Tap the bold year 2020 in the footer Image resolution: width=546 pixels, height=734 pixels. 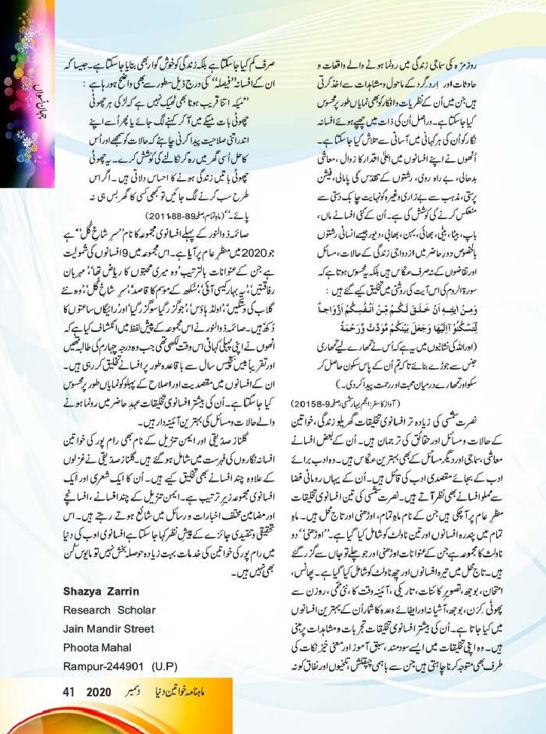pyautogui.click(x=99, y=692)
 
